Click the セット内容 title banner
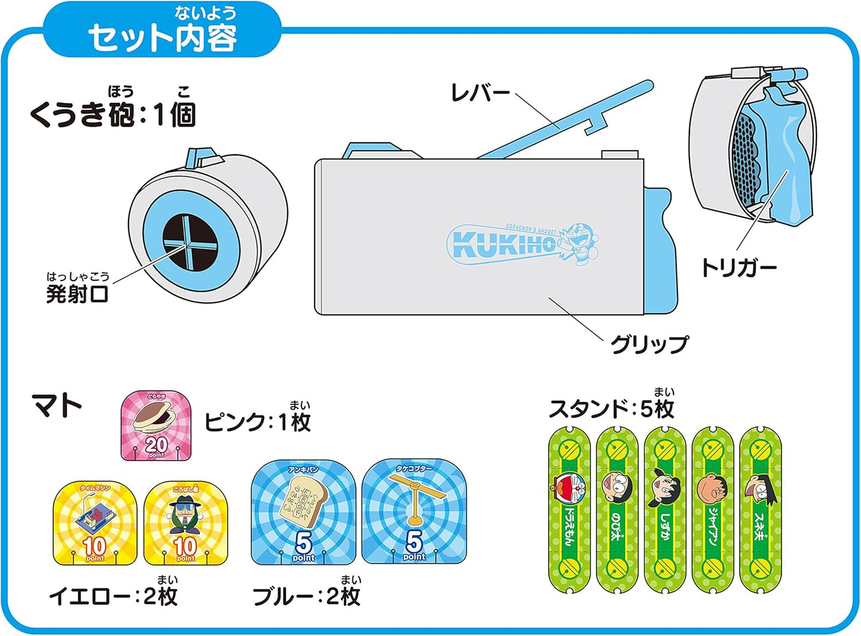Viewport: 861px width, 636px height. click(162, 33)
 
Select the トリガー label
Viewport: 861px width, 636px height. click(738, 267)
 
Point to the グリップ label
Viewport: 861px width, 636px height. click(648, 344)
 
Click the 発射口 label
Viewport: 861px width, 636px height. click(77, 293)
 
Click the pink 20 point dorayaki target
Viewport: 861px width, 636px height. click(156, 426)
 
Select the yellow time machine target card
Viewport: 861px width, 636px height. click(95, 523)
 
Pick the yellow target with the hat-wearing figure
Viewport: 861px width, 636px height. click(185, 523)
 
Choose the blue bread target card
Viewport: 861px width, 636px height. click(303, 512)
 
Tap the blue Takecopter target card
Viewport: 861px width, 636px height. click(414, 512)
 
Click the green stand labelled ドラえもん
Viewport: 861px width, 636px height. click(569, 509)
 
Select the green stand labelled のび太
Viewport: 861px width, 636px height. click(617, 509)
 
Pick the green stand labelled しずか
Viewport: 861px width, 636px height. click(665, 509)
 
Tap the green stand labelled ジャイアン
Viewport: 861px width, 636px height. click(713, 509)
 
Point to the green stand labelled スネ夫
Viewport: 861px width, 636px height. click(760, 509)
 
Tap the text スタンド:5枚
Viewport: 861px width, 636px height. click(611, 409)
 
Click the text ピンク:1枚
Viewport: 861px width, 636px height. click(257, 422)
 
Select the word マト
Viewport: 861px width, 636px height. click(57, 406)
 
